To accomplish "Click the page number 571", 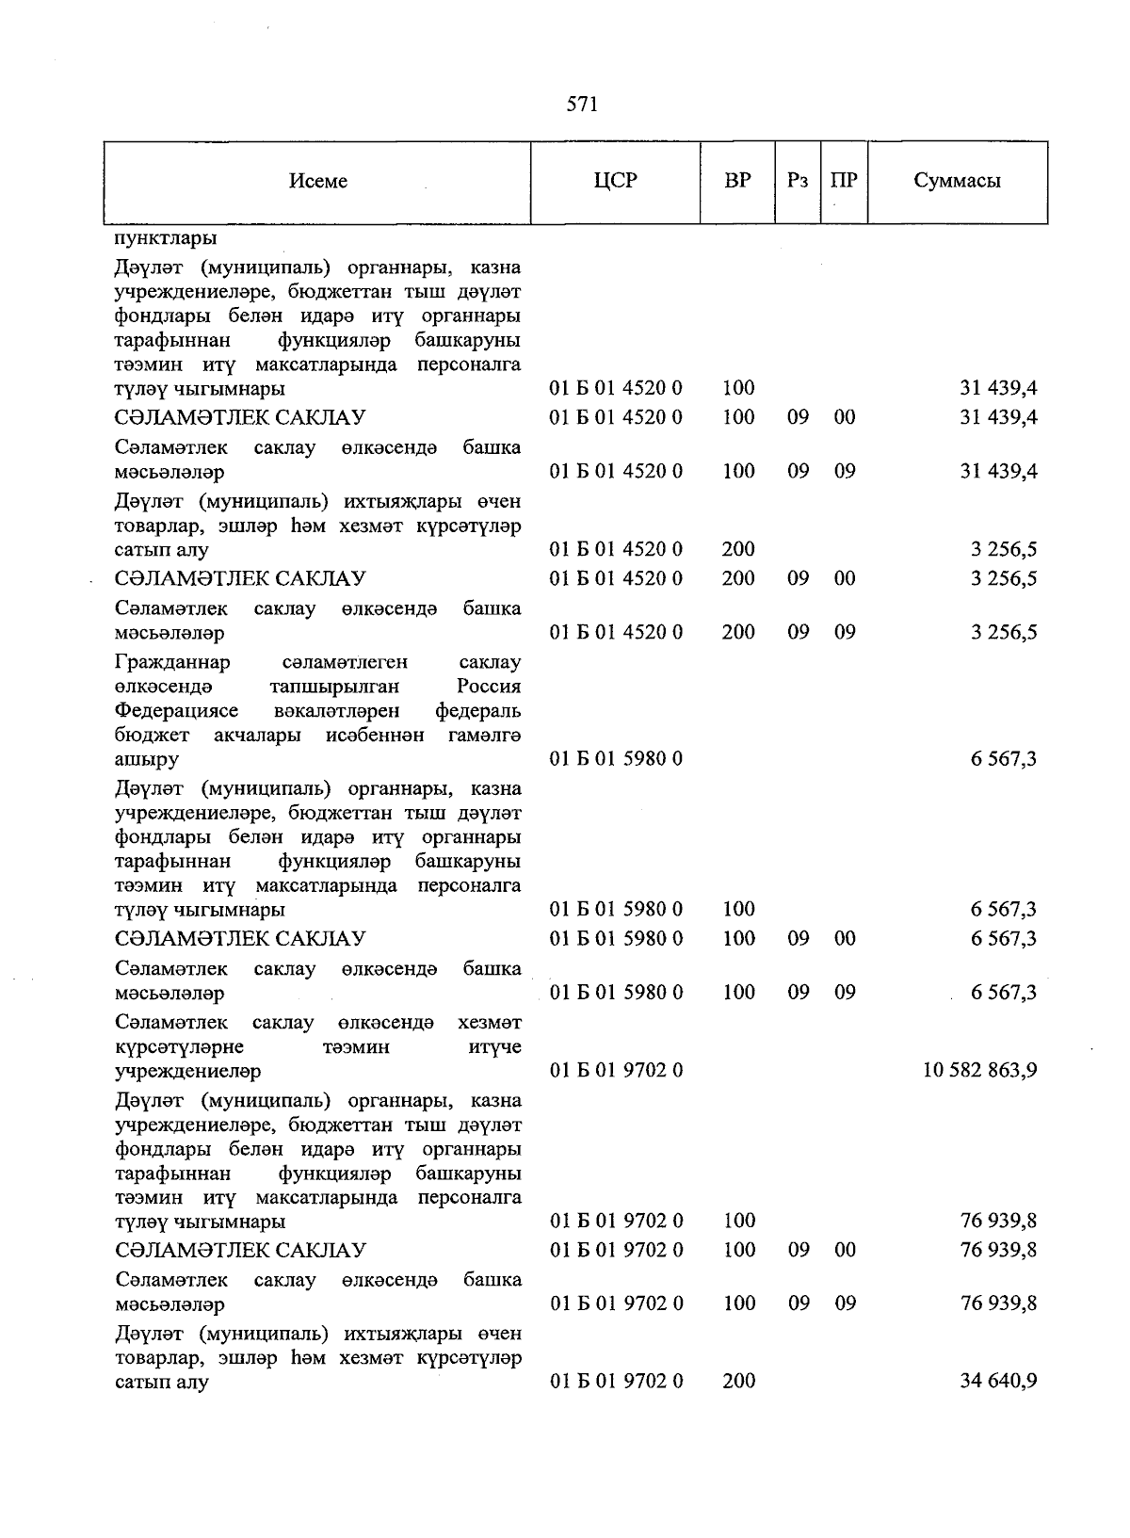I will coord(582,105).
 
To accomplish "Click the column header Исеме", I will coord(317,181).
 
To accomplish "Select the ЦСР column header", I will coord(615,180).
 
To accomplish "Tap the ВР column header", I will coord(737,180).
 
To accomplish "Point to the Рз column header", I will coord(797,181).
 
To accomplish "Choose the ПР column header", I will coord(844,180).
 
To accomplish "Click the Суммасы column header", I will coord(957,181).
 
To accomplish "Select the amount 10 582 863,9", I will coord(980,1070).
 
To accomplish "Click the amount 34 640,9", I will coord(998,1382).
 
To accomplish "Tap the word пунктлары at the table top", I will coord(166,238).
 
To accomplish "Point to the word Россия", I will coord(489,687).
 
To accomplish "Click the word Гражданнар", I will coord(172,662).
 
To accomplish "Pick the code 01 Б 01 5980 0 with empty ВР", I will coord(616,758).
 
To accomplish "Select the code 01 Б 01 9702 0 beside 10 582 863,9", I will coord(616,1070).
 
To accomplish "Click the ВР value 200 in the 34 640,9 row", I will coord(738,1382).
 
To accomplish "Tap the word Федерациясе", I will coord(176,710).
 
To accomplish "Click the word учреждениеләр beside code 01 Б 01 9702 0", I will coord(187,1071).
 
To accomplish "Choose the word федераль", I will coord(477,710).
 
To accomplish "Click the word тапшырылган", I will coord(333,687).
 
